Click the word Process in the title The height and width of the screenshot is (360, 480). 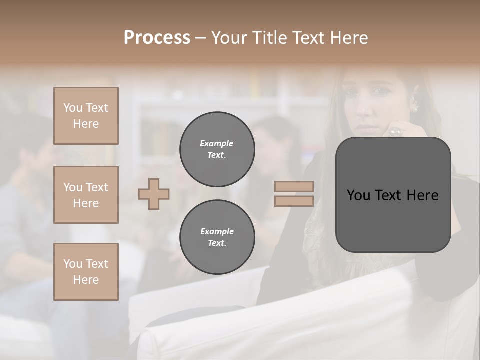click(x=157, y=38)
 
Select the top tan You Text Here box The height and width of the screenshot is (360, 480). click(x=86, y=116)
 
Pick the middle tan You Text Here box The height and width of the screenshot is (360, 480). click(x=86, y=195)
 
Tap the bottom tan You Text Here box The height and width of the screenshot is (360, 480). click(x=86, y=271)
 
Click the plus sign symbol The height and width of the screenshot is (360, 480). click(x=154, y=194)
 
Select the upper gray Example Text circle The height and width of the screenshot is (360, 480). click(x=217, y=149)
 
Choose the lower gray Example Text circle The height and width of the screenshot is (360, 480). click(x=217, y=237)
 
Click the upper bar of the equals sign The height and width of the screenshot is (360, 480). click(x=294, y=187)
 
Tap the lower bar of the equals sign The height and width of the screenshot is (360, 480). click(x=294, y=201)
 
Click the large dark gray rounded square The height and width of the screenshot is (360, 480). click(x=393, y=195)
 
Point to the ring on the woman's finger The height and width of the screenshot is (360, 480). click(x=395, y=132)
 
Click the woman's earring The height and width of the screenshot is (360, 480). click(x=414, y=108)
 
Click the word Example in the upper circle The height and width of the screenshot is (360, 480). click(x=217, y=143)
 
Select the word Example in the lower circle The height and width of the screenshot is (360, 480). click(x=217, y=231)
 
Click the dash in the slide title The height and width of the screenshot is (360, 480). click(x=200, y=38)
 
